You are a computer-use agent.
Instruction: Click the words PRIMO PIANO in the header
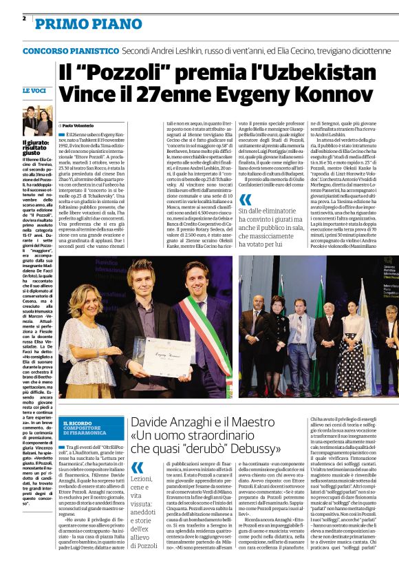(76, 24)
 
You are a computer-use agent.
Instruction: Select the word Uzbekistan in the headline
(303, 71)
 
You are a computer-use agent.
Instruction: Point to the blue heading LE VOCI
(34, 90)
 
